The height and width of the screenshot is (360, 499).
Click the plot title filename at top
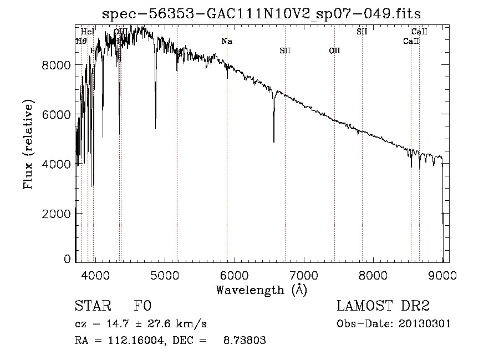pos(266,14)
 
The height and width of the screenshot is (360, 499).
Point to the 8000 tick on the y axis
pos(57,65)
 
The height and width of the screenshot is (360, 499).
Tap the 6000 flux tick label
pos(57,114)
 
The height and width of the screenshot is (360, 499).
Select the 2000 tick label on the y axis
pos(57,214)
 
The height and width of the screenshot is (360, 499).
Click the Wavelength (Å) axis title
pos(261,290)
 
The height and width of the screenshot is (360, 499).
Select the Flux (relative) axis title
pos(28,144)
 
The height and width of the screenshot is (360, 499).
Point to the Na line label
pos(227,41)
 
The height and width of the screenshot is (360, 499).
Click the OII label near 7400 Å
pos(334,51)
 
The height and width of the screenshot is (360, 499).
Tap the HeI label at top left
pos(88,32)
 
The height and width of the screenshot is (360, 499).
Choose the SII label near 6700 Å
pos(285,51)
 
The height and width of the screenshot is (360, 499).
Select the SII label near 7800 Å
pos(361,32)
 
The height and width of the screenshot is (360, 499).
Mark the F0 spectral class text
pos(142,307)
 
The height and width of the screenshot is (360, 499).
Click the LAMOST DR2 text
pos(383,306)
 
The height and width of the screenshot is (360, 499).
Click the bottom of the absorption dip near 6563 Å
pos(274,142)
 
